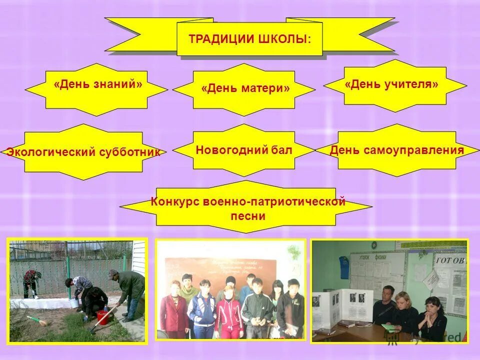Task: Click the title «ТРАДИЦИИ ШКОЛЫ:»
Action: (249, 39)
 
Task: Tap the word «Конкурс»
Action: (174, 202)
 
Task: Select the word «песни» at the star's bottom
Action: (248, 216)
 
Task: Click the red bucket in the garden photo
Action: (103, 316)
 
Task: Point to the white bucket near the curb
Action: (74, 303)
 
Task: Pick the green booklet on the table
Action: (388, 327)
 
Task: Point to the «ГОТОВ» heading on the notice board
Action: (450, 260)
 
